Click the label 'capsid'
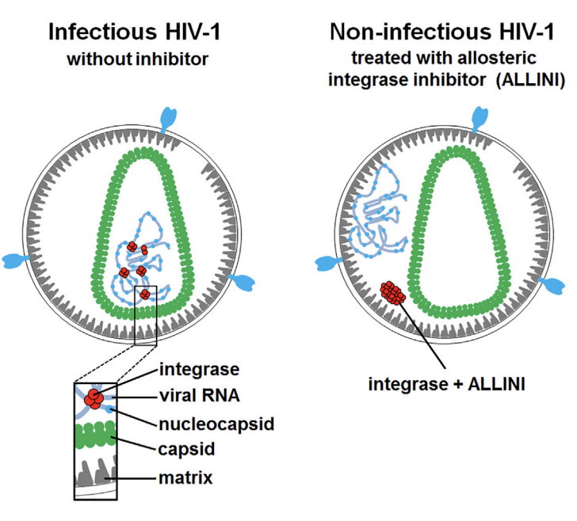184,451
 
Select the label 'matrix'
185,477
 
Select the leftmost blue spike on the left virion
16,260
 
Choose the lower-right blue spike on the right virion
554,281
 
